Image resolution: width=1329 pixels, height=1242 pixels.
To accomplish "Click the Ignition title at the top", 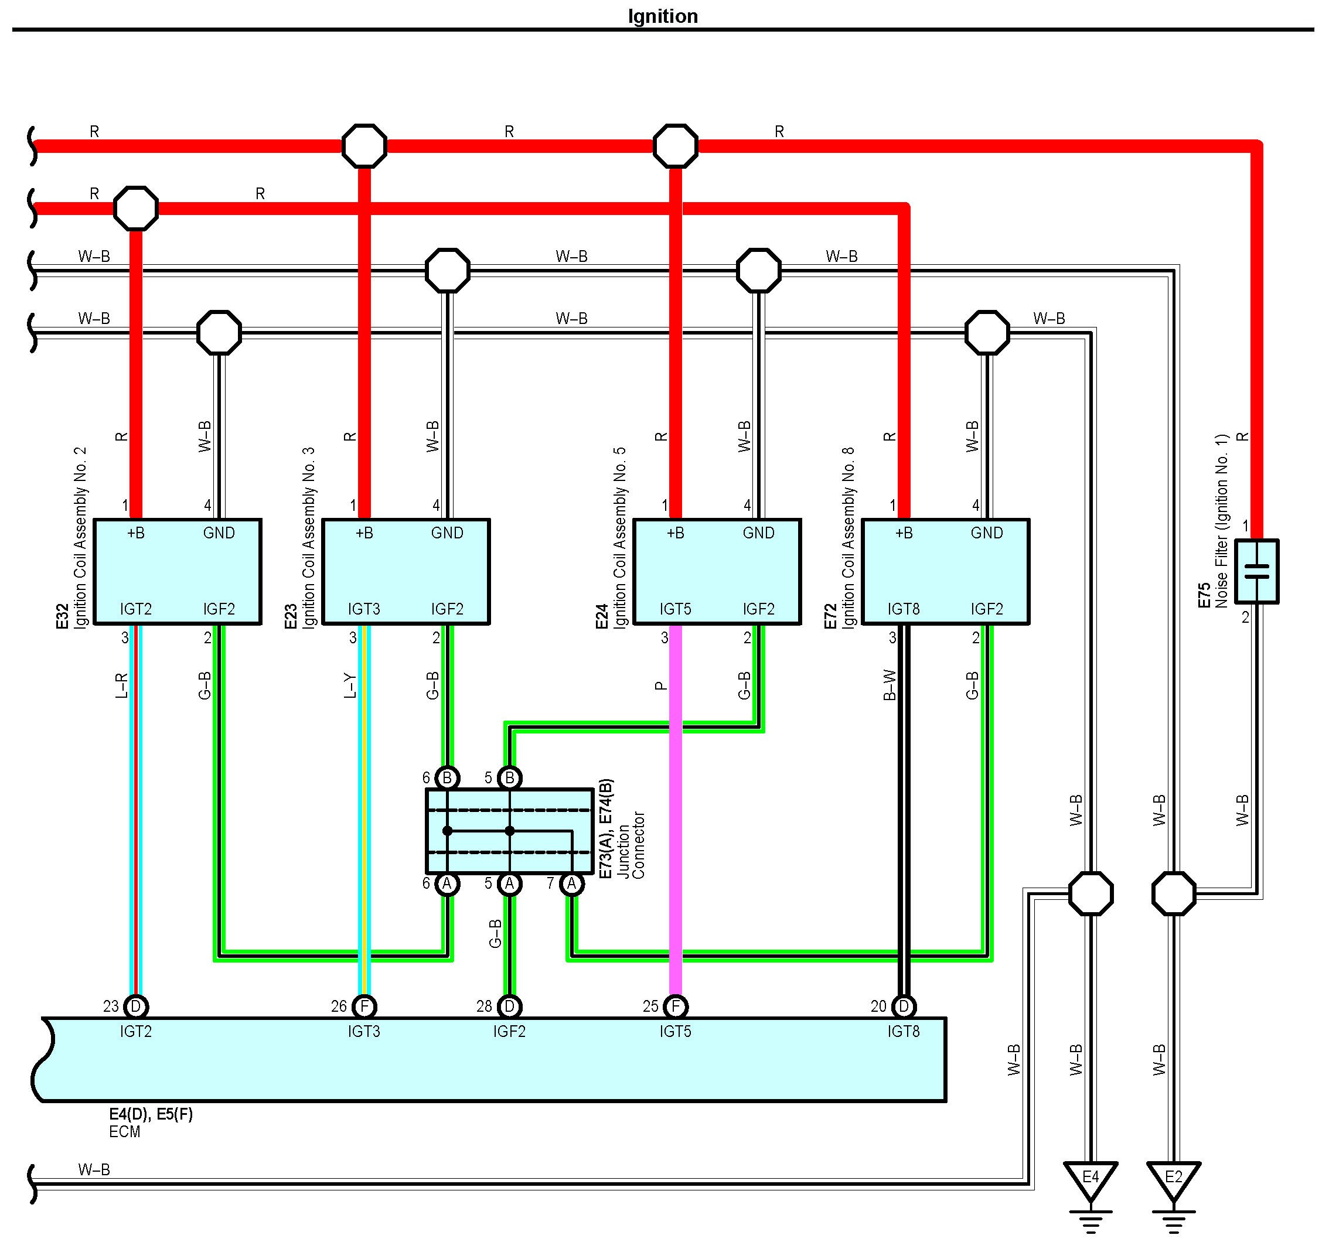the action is pyautogui.click(x=663, y=15).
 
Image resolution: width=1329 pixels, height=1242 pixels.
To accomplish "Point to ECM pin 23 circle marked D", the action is pyautogui.click(x=136, y=1006).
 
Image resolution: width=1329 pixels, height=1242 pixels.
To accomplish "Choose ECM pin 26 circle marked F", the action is pyautogui.click(x=364, y=1006).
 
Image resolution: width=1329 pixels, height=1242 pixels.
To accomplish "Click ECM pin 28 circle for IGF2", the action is pyautogui.click(x=509, y=1006).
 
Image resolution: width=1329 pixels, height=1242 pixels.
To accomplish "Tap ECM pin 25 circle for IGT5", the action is pyautogui.click(x=675, y=1006).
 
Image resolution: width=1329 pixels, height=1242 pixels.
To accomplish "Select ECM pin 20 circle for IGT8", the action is pyautogui.click(x=903, y=1006).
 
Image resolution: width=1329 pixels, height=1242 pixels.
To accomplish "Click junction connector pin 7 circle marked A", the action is pyautogui.click(x=571, y=883).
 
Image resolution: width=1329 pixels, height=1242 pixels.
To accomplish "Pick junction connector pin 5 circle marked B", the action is pyautogui.click(x=509, y=777).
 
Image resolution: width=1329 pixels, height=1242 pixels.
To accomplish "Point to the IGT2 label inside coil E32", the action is pyautogui.click(x=136, y=609).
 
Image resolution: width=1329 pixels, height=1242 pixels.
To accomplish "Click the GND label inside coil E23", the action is pyautogui.click(x=447, y=533).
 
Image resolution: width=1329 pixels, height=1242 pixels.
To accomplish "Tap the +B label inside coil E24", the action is pyautogui.click(x=675, y=533).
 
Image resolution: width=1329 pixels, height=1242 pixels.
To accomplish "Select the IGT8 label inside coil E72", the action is pyautogui.click(x=903, y=609).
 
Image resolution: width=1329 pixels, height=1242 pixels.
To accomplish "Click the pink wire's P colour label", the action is pyautogui.click(x=660, y=686).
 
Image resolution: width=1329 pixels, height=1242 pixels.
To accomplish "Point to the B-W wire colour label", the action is pyautogui.click(x=889, y=686).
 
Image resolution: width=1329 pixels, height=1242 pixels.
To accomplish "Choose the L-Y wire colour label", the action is pyautogui.click(x=350, y=686).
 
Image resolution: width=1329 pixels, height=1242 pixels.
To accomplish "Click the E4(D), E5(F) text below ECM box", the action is pyautogui.click(x=151, y=1114).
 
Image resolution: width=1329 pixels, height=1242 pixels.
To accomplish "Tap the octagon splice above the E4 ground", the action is pyautogui.click(x=1091, y=893).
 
